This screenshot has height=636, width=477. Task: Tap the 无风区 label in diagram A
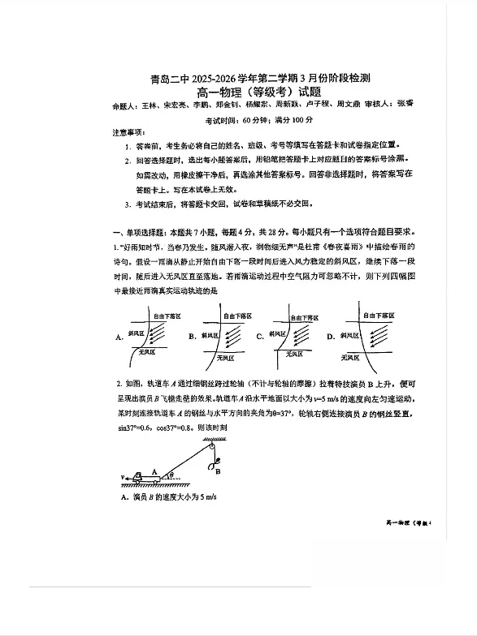(x=147, y=353)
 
